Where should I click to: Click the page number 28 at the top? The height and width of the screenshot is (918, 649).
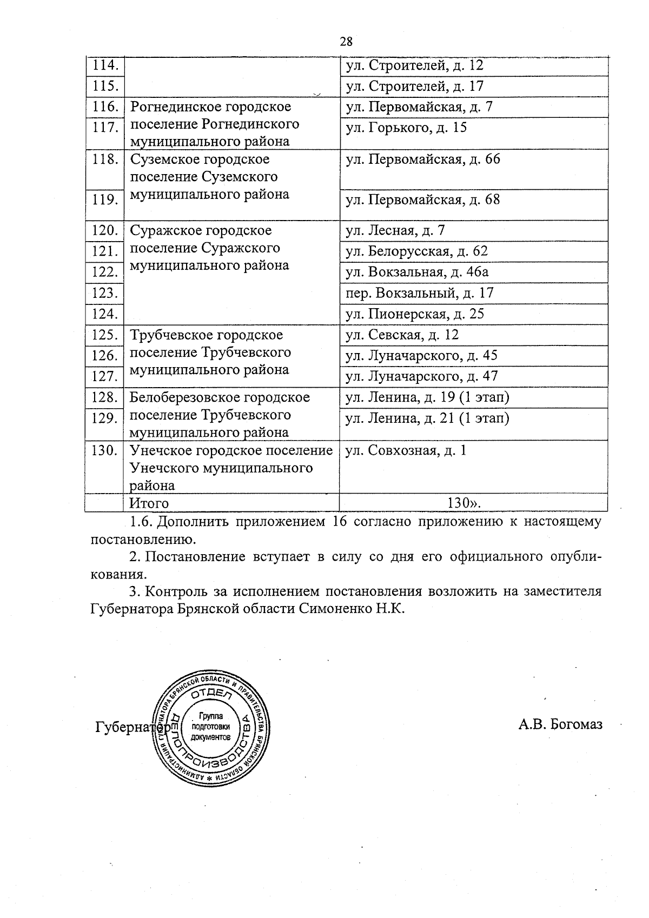click(346, 41)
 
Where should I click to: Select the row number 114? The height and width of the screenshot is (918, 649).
click(105, 65)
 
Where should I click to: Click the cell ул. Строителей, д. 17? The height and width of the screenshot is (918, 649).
click(415, 86)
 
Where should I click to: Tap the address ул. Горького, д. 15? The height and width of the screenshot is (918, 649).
click(406, 128)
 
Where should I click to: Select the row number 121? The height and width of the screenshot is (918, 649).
click(105, 251)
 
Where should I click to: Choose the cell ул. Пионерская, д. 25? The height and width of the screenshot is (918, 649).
click(415, 314)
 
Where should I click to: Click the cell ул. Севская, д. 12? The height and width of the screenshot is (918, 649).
click(402, 335)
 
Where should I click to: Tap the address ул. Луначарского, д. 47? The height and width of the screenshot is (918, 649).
click(422, 376)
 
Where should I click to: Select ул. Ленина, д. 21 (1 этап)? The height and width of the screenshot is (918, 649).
click(427, 418)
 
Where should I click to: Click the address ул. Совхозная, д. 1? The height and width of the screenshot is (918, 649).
click(406, 450)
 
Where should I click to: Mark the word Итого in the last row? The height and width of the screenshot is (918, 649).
click(149, 503)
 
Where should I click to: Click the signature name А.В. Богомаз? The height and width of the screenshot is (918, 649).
click(560, 724)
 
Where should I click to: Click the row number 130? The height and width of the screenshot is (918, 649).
click(105, 450)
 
